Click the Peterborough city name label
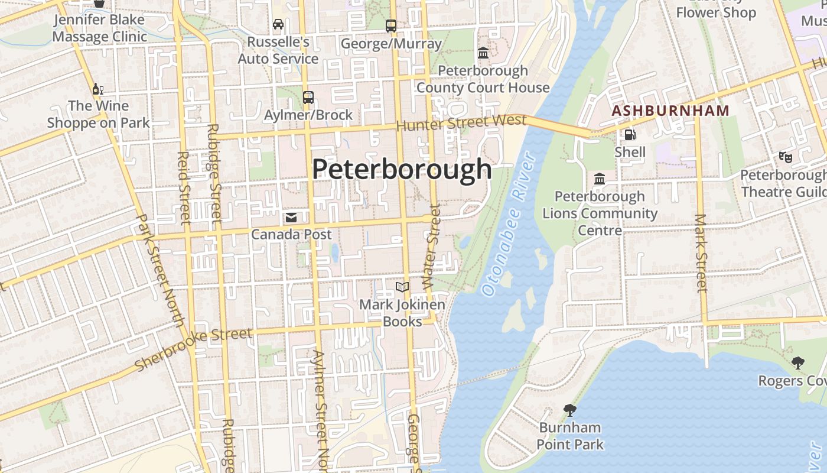coord(402,170)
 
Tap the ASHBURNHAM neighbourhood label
coord(670,111)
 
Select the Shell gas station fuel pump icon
coord(630,135)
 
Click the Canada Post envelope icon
coord(291,218)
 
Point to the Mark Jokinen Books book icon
coord(402,287)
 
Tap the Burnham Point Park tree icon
coord(570,410)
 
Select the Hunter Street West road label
coord(461,123)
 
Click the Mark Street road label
coord(701,253)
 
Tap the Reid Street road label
coord(184,188)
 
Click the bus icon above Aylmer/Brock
coord(308,98)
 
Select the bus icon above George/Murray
coord(390,26)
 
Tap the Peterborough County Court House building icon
coord(483,53)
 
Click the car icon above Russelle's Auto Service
coord(278,24)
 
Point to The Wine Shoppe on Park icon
coord(98,89)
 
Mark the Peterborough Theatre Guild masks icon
coord(785,157)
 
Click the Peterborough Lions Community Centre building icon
coord(600,179)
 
